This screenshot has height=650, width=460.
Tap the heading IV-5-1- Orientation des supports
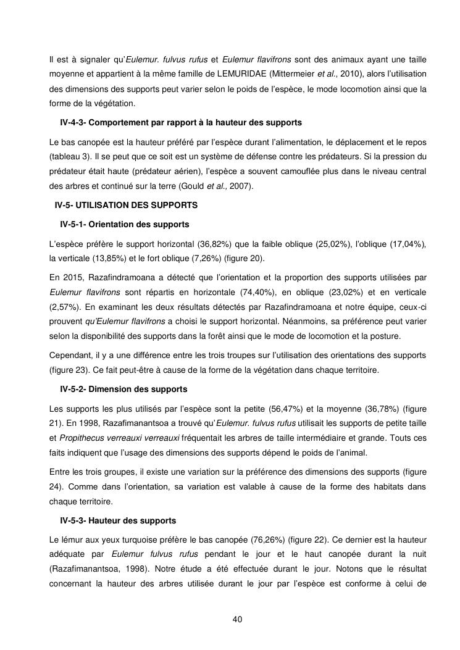pyautogui.click(x=125, y=224)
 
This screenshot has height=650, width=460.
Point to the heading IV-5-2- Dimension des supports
pyautogui.click(x=123, y=390)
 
